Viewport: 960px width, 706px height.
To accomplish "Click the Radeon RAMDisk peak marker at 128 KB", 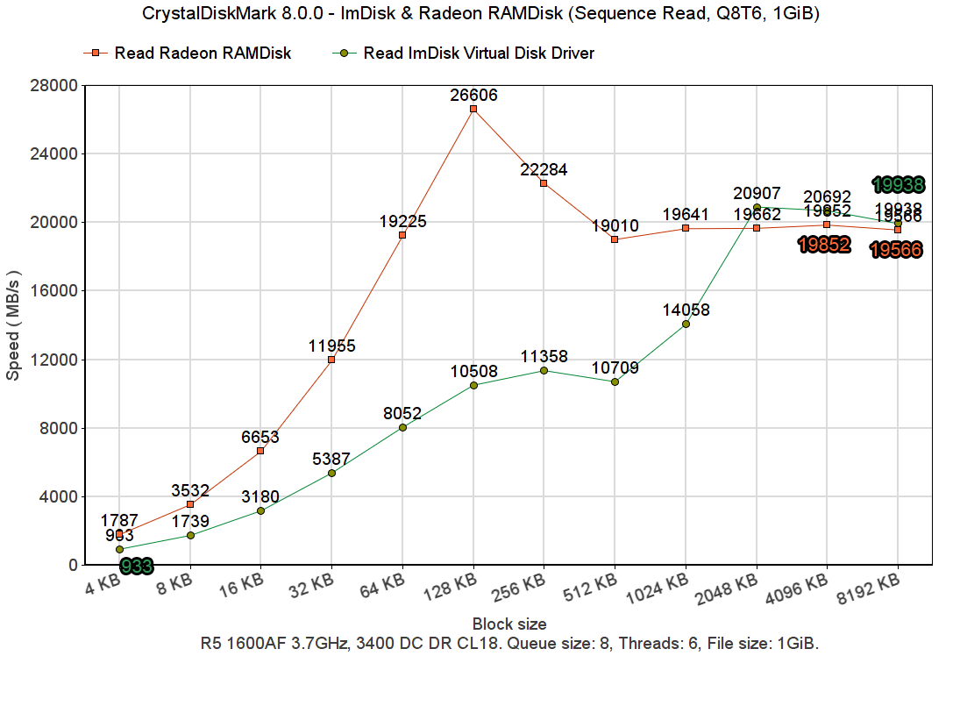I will [473, 109].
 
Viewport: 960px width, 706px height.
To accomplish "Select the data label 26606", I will [473, 95].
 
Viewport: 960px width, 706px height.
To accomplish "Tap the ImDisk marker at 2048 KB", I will [757, 207].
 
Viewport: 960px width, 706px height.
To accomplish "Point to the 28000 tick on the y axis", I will [54, 85].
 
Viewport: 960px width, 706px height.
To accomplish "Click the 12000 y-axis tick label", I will [54, 360].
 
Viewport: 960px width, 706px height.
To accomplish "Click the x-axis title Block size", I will [509, 624].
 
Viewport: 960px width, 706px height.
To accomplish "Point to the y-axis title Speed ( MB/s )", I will [13, 324].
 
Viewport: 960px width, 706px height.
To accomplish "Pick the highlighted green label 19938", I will [898, 184].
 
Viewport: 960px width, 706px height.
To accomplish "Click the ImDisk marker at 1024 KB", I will [686, 324].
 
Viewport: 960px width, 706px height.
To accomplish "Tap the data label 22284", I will [544, 168].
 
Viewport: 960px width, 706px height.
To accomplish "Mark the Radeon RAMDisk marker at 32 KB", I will [331, 360].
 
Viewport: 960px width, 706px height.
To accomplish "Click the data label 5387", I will [331, 458].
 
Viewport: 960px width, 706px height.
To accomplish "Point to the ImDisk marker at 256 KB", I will [544, 370].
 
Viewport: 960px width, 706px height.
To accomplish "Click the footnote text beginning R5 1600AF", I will [509, 644].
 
